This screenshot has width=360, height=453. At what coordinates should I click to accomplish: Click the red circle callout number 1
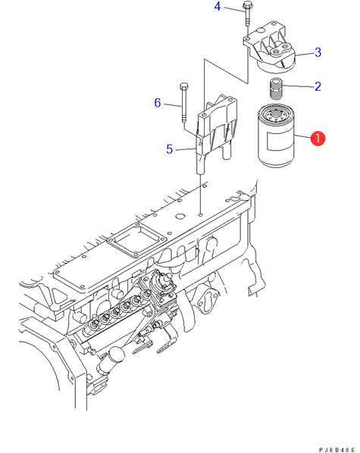(318, 139)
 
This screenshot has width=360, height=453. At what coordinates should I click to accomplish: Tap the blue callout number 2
(318, 86)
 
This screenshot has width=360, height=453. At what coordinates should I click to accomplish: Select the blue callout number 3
(318, 52)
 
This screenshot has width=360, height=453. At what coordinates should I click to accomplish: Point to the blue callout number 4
(218, 6)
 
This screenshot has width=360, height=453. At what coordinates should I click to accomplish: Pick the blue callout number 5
(170, 149)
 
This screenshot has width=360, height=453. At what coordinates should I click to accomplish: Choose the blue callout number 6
(158, 102)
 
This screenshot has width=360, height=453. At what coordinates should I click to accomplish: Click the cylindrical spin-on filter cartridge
(275, 136)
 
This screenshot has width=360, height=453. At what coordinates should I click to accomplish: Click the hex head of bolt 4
(247, 5)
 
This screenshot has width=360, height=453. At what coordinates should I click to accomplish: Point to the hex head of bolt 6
(183, 86)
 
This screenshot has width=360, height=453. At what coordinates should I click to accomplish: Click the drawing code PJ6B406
(337, 450)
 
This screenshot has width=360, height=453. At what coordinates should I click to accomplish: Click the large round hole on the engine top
(180, 217)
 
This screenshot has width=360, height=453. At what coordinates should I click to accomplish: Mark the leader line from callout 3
(305, 54)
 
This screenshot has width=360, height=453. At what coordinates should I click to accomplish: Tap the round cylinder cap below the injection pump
(116, 355)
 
